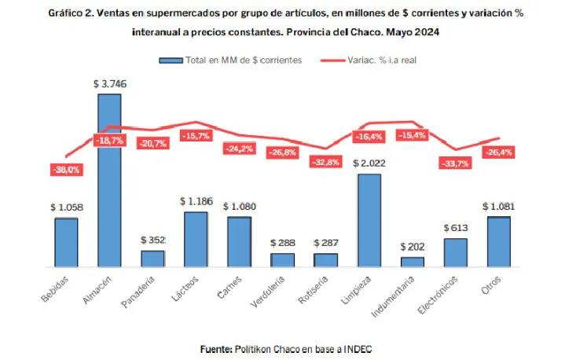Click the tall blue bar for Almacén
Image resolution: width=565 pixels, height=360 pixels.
point(109,181)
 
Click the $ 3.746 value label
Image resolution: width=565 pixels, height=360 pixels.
point(109,83)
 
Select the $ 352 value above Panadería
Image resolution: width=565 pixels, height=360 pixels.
point(153,240)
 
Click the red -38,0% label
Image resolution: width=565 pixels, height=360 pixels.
point(65,169)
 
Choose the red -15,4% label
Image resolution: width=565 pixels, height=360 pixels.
point(412,136)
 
